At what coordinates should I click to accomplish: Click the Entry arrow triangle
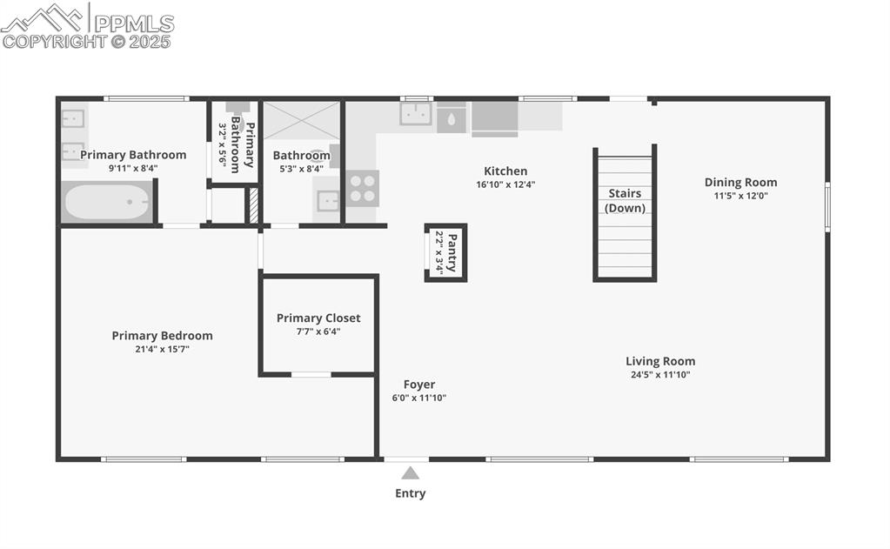point(411,473)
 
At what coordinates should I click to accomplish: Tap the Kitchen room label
point(505,171)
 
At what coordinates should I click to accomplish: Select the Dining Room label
point(740,182)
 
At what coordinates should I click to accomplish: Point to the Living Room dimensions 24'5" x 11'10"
point(660,375)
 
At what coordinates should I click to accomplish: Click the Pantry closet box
point(445,252)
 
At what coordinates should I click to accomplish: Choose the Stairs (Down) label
point(625,200)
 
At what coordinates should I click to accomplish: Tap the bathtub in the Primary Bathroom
point(107,202)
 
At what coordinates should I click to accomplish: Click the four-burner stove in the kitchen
point(363,188)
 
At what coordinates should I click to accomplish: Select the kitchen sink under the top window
point(416,114)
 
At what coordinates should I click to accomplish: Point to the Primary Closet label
point(318,318)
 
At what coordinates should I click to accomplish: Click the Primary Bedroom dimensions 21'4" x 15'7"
point(163,349)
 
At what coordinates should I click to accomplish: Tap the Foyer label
point(419,385)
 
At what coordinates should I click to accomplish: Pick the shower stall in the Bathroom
point(301,120)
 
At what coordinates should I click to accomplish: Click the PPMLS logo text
point(134,23)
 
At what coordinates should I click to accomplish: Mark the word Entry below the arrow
point(411,493)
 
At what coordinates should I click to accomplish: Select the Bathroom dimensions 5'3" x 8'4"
point(301,169)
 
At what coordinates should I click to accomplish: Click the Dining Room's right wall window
point(827,207)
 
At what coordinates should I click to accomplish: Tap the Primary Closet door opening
point(311,375)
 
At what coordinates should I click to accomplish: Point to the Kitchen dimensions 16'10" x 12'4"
point(505,184)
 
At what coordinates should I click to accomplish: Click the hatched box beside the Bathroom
point(254,205)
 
